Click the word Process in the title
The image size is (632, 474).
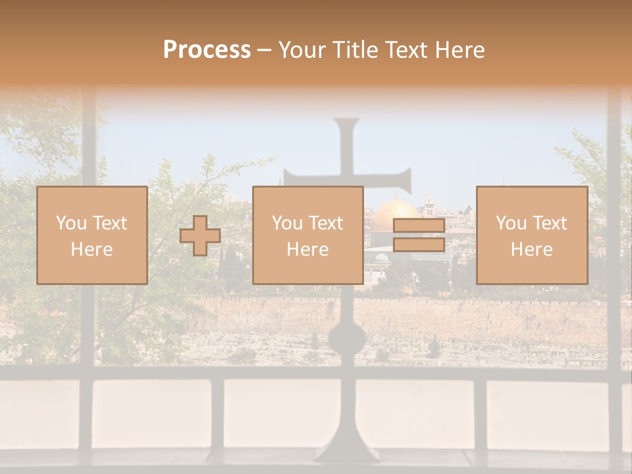pos(207,50)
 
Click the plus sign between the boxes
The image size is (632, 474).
pos(200,236)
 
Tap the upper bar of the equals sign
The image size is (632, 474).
pos(419,226)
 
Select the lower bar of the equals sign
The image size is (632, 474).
pos(419,245)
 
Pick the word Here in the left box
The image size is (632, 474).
pos(92,250)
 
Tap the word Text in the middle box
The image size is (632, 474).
pos(326,223)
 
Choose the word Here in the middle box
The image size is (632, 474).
pos(307,250)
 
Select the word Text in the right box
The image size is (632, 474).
pos(550,223)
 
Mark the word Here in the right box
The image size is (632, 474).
pos(531,250)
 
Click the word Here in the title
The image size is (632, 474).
pos(459,50)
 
